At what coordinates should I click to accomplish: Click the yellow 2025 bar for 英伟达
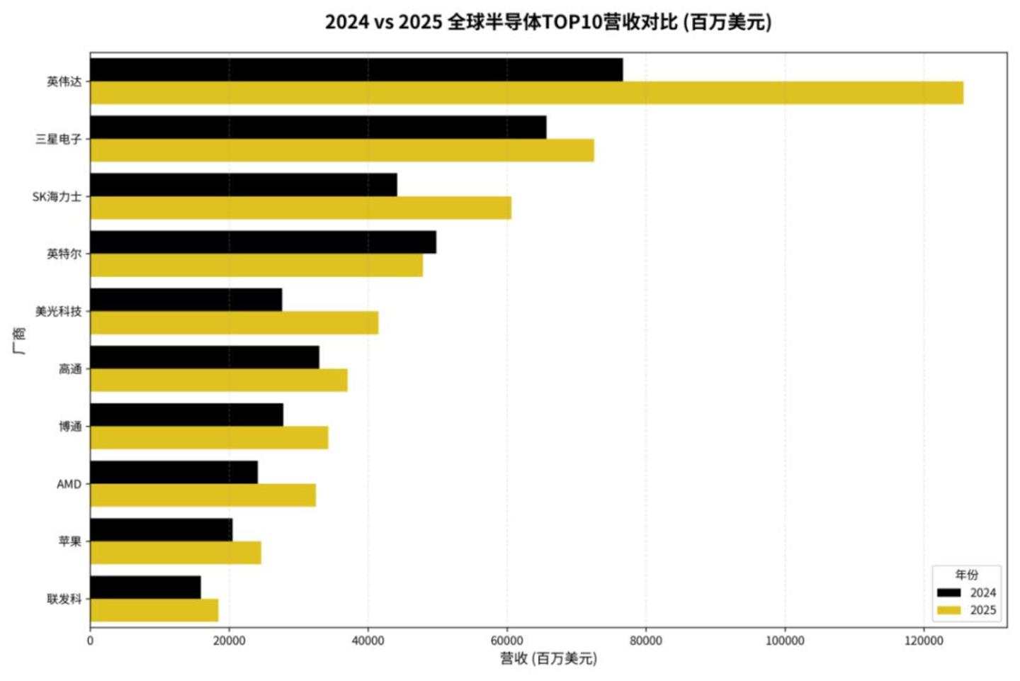(527, 93)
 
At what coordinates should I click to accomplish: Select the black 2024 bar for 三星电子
(318, 127)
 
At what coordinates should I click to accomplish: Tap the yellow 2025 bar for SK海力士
(301, 208)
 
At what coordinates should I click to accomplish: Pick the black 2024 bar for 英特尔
(263, 242)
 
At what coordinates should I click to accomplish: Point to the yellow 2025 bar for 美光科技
(234, 323)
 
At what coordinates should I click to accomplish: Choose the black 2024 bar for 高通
(205, 358)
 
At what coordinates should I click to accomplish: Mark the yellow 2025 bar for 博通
(210, 438)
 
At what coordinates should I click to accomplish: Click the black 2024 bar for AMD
(174, 473)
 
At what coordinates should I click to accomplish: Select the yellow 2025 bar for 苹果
(176, 553)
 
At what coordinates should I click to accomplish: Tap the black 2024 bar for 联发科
(146, 587)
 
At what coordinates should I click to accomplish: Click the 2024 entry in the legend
(967, 592)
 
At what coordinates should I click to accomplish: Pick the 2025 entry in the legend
(967, 610)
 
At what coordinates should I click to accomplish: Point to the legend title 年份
(967, 575)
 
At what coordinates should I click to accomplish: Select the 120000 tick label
(924, 641)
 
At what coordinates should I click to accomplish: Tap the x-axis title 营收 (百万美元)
(548, 658)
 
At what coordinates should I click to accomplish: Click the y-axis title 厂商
(18, 340)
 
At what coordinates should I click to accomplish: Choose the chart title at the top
(548, 22)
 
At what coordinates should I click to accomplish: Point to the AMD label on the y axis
(69, 484)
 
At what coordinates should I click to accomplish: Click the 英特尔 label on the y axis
(64, 254)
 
